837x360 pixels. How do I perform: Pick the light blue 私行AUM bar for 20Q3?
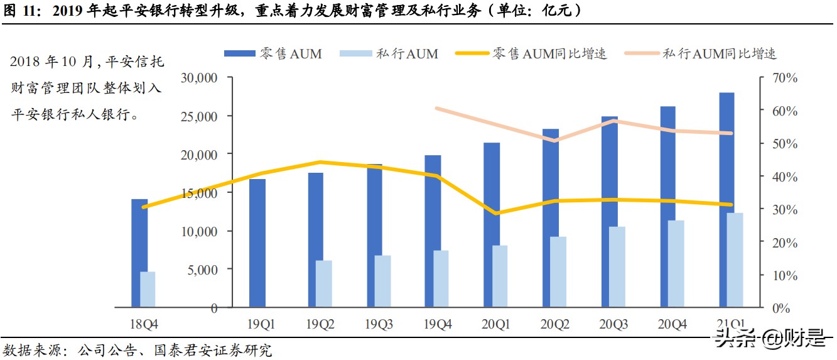[618, 267]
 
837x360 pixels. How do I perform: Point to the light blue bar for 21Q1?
[735, 260]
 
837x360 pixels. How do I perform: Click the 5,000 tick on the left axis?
[202, 270]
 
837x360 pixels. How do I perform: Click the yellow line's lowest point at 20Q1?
[496, 214]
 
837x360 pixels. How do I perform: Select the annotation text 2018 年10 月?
[51, 62]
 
